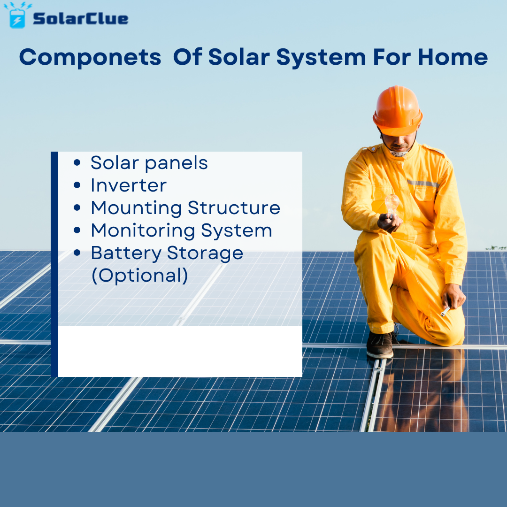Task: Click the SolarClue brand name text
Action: pos(80,19)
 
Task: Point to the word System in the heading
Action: pos(321,58)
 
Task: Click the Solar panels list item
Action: pos(149,163)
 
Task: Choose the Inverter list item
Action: pos(128,185)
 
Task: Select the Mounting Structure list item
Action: pos(185,207)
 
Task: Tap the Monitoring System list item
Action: pos(181,230)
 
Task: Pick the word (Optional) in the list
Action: pos(139,275)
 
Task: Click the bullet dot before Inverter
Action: pos(77,185)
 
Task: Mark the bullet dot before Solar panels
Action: pos(77,163)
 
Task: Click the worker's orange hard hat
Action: pos(398,109)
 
